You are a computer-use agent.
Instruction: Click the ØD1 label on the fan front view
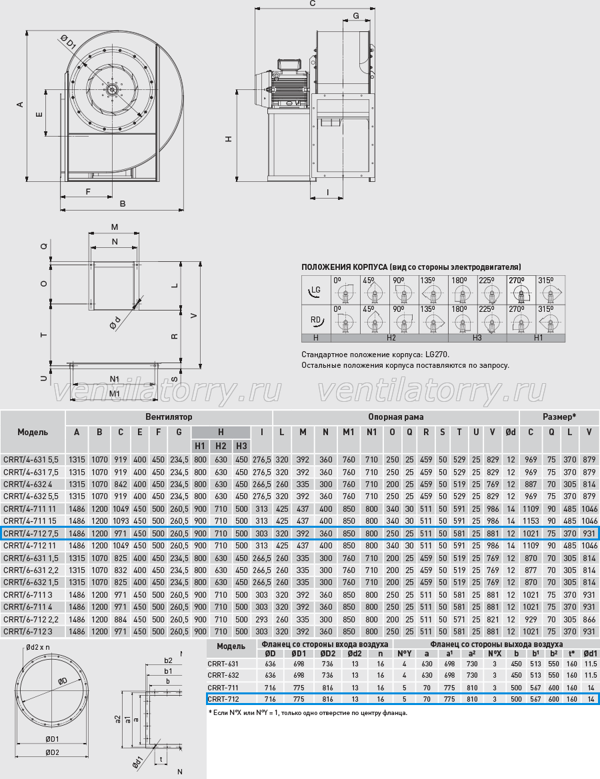point(68,43)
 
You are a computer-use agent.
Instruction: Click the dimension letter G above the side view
point(356,16)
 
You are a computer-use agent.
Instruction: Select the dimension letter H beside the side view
point(229,139)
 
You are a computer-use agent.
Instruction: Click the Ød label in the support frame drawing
point(115,323)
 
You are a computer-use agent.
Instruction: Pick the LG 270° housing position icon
point(521,290)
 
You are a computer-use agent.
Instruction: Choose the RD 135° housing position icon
point(433,319)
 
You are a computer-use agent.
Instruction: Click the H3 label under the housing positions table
point(477,338)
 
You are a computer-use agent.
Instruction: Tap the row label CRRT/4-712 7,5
point(31,534)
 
